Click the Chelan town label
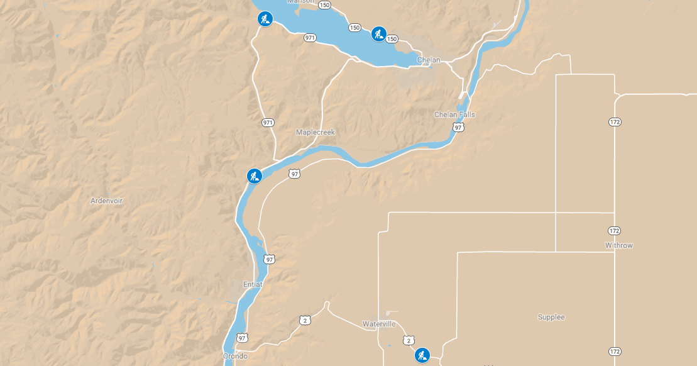(x=428, y=60)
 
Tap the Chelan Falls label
(x=454, y=114)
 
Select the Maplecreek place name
(x=316, y=133)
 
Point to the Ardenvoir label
(x=106, y=201)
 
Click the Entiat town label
(x=253, y=285)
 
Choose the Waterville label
(x=379, y=324)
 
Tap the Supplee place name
(x=551, y=317)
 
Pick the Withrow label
(x=619, y=245)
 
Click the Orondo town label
(x=235, y=356)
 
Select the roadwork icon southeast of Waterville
(x=422, y=355)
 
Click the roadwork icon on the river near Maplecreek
(x=254, y=176)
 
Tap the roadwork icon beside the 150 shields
(x=378, y=33)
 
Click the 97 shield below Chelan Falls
(x=458, y=128)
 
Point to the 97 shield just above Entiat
(x=270, y=259)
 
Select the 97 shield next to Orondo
(x=243, y=338)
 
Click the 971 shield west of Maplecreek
(x=268, y=122)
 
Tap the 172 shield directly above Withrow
(x=615, y=231)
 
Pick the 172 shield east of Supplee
(x=615, y=351)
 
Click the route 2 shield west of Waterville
(x=305, y=321)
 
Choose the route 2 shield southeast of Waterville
(x=409, y=340)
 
